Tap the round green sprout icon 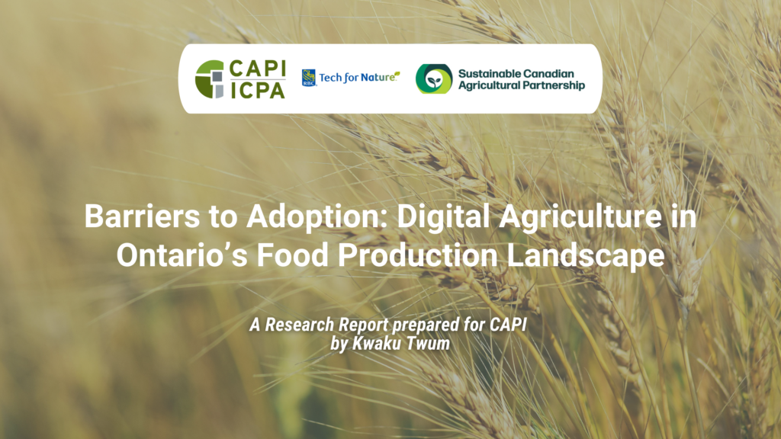(x=433, y=79)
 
